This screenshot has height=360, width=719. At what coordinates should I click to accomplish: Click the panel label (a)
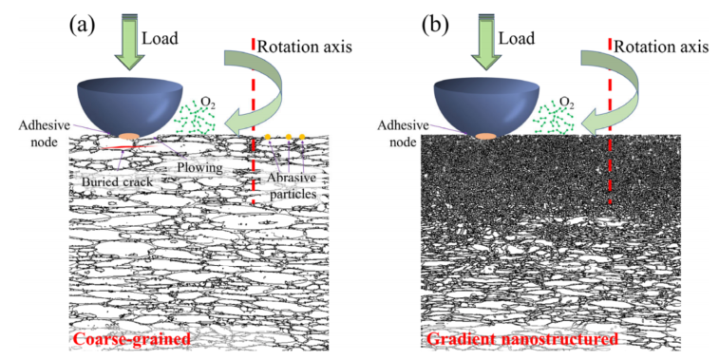[82, 25]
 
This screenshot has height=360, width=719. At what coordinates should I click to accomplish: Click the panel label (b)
[435, 25]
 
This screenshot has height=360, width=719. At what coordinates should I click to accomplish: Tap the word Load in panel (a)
[160, 39]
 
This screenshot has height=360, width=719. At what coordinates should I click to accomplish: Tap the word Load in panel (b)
[517, 39]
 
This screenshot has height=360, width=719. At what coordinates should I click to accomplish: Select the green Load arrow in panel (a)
[129, 42]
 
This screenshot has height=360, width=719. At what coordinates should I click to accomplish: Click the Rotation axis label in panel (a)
[305, 47]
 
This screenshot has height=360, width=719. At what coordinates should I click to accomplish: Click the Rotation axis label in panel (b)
[661, 47]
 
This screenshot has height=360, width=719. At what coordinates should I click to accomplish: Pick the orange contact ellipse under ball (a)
[129, 136]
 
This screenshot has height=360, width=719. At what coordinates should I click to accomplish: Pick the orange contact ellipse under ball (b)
[485, 136]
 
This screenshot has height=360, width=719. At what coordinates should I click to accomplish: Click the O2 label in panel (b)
[567, 102]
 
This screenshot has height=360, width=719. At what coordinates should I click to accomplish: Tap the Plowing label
[199, 168]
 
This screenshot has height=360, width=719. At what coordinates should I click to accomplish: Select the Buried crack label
[118, 182]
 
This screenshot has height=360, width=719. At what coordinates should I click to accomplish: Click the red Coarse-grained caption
[132, 340]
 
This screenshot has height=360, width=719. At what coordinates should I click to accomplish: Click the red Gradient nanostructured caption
[522, 340]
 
